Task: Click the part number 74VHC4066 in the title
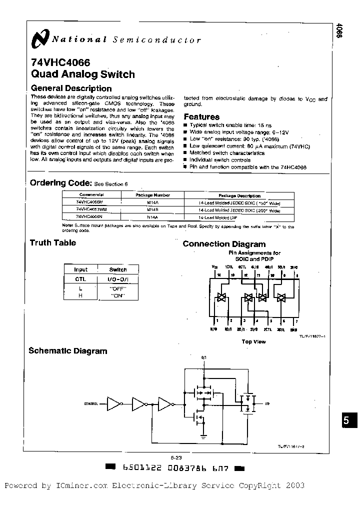click(60, 63)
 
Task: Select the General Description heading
click(71, 88)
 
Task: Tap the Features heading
click(201, 116)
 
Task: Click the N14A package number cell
click(152, 217)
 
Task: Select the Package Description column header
click(239, 195)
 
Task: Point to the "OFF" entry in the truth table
click(118, 288)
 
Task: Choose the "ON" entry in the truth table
click(118, 295)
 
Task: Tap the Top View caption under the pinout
click(254, 341)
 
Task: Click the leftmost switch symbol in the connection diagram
click(220, 297)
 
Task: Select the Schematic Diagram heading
click(67, 351)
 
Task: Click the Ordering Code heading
click(60, 182)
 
